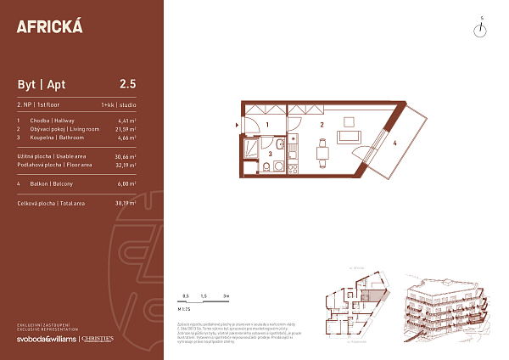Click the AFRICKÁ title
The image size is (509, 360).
[x=49, y=26]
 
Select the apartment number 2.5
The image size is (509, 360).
[x=127, y=83]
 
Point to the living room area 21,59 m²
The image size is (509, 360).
[x=126, y=129]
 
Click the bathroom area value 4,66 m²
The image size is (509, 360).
[x=126, y=137]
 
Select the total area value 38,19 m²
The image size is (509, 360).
[x=126, y=205]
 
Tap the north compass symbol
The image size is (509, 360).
[x=481, y=30]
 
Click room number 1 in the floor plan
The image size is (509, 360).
[x=267, y=125]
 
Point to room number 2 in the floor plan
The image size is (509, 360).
[x=322, y=124]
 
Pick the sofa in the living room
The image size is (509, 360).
[x=349, y=136]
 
